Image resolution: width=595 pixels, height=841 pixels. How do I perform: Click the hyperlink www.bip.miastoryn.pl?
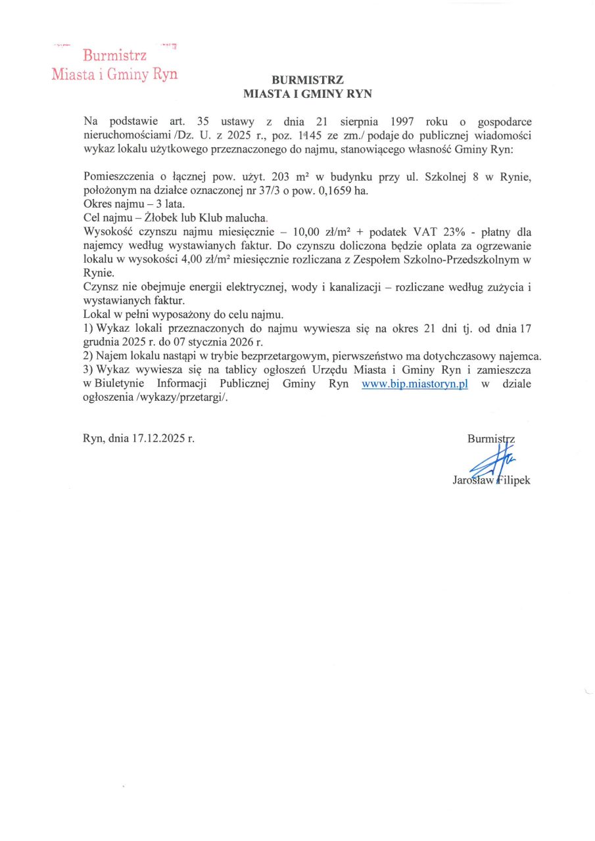click(414, 385)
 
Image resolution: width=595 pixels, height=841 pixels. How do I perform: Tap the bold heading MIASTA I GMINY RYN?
click(308, 94)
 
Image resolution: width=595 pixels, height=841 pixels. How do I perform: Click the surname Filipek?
click(513, 480)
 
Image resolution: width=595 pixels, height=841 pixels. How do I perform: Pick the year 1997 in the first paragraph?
click(401, 122)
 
